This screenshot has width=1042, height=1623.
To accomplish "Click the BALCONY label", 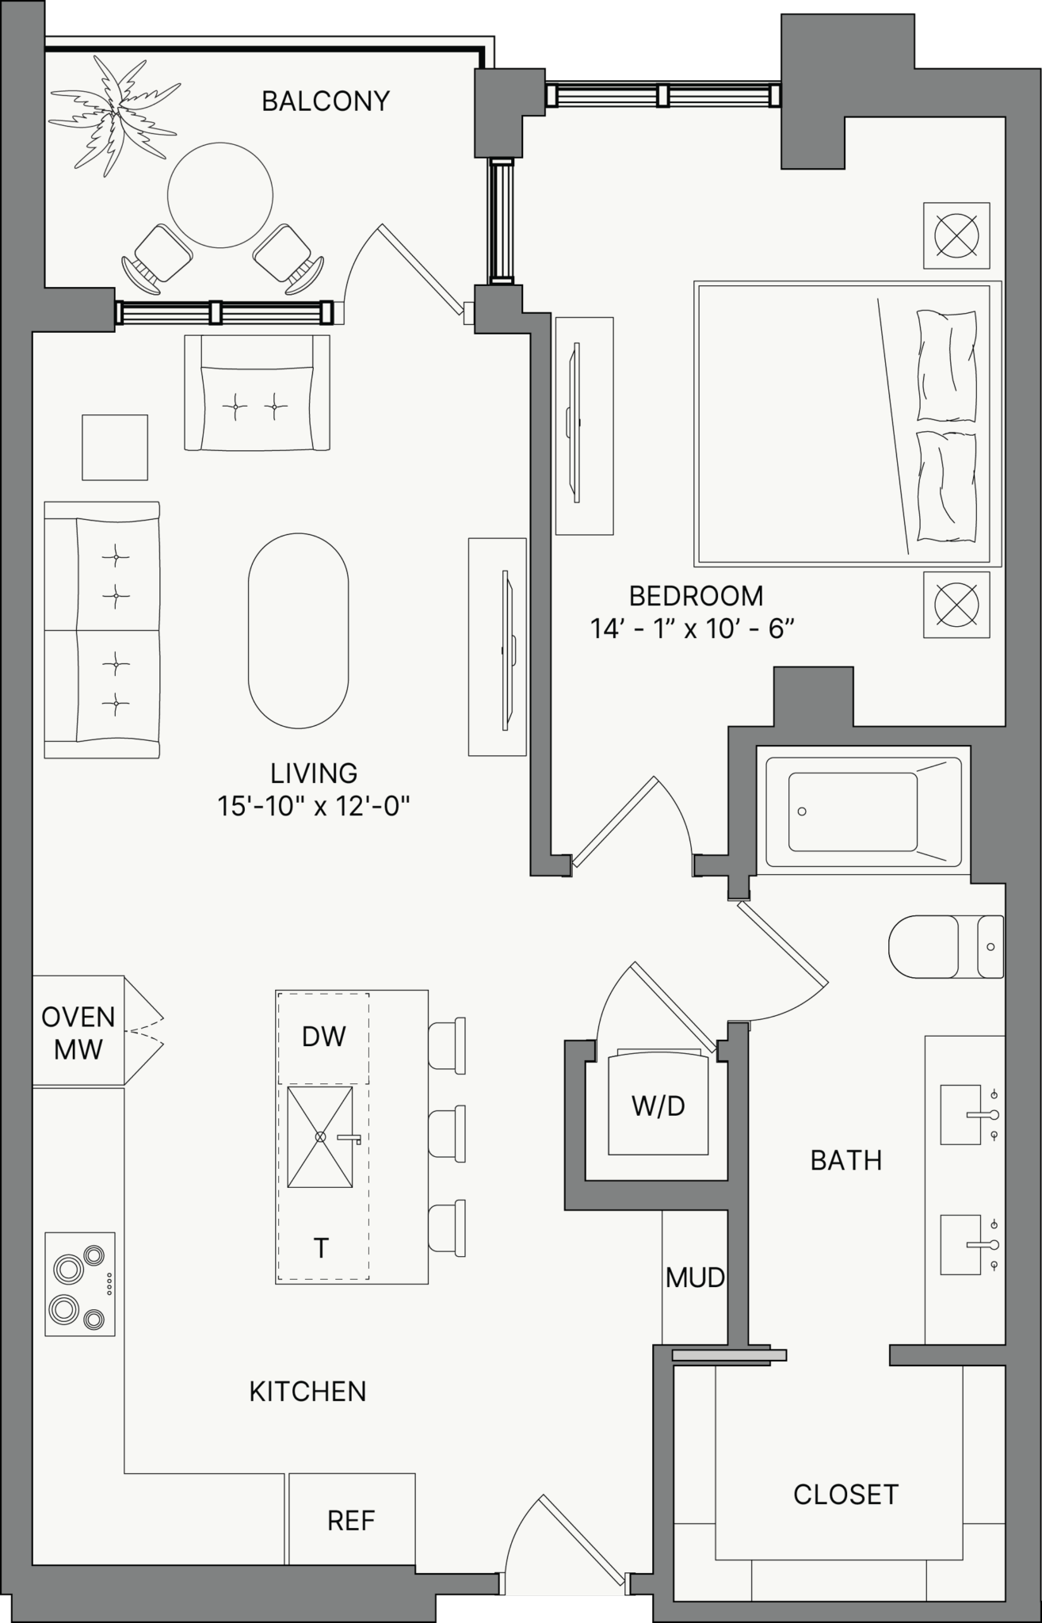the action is (326, 101).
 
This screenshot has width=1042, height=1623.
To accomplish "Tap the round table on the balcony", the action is (220, 195).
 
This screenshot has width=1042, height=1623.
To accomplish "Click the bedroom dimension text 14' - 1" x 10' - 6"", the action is (692, 629).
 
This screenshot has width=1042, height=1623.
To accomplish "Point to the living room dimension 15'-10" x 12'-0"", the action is (314, 807).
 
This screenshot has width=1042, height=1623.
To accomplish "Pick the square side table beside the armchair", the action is (115, 447).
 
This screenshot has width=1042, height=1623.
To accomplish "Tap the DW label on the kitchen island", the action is (324, 1037).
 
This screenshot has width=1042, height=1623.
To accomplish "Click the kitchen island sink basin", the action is (320, 1136).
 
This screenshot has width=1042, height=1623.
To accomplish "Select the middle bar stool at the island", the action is (447, 1135).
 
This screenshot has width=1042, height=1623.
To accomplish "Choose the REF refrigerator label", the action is (351, 1521).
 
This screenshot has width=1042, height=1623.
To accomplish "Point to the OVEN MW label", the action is (78, 1033).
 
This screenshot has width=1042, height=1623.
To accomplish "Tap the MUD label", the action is (695, 1277).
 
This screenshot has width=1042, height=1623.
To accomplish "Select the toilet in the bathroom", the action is (946, 947).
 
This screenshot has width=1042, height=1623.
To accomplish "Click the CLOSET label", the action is (845, 1495).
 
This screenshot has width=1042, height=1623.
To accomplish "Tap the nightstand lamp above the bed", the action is (956, 235).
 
